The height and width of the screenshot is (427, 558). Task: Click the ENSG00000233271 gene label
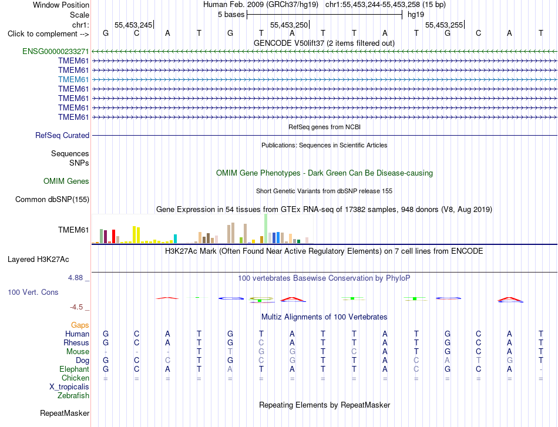(x=56, y=51)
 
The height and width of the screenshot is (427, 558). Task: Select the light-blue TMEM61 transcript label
(x=73, y=79)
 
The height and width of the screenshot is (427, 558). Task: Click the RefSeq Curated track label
(x=62, y=135)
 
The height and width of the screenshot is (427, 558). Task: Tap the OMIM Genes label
(x=66, y=181)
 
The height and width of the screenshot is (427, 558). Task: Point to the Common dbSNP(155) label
(x=52, y=199)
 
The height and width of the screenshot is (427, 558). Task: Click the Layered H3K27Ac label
(x=38, y=260)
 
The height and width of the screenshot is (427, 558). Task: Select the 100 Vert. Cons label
(x=33, y=292)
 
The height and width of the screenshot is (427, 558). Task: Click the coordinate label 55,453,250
(x=289, y=25)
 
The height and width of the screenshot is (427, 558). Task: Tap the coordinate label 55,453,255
(x=444, y=25)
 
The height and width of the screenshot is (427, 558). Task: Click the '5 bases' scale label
(x=231, y=15)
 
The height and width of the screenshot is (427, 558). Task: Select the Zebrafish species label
(x=73, y=396)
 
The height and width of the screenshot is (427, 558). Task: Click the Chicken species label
(x=75, y=378)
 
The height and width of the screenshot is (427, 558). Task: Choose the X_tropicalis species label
(x=69, y=387)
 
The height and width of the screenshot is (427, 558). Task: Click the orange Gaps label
(x=80, y=325)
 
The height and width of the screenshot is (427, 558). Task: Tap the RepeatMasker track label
(x=65, y=413)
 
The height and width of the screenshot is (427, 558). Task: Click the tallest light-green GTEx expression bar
(x=266, y=229)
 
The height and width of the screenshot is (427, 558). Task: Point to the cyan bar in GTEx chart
(x=175, y=239)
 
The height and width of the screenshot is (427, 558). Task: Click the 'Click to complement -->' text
(x=48, y=34)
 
